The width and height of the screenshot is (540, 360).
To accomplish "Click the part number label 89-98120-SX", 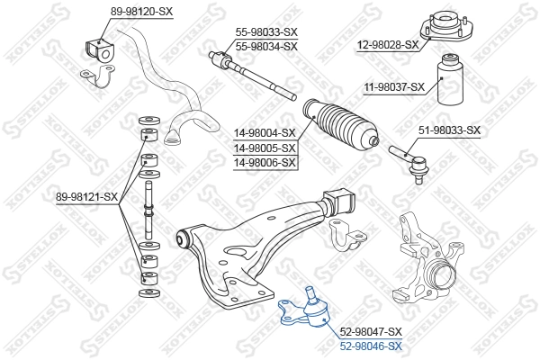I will point(116,11).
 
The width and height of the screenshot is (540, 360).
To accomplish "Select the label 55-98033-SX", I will point(265,31).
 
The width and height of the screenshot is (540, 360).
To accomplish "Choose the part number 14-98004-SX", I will point(265,132).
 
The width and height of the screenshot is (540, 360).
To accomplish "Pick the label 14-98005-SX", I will point(265,148).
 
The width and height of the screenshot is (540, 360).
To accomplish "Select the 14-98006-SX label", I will point(265,162).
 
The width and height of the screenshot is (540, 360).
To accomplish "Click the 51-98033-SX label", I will point(449,130).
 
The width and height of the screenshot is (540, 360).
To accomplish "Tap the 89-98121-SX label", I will point(86,196).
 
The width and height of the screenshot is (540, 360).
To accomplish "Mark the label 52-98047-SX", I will point(370,331).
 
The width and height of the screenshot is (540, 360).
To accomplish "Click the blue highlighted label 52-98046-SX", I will point(370,345).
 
